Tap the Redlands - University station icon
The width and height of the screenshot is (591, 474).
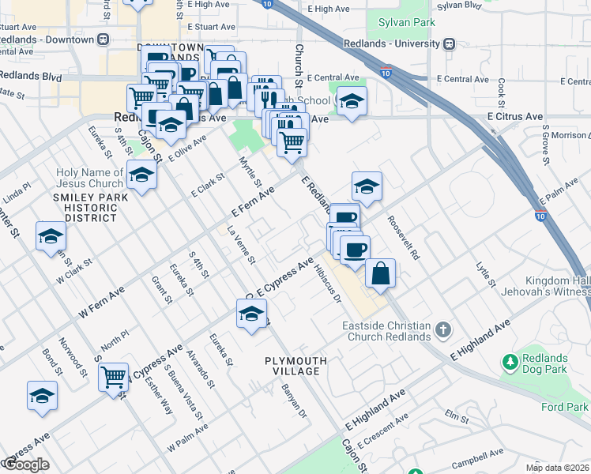coord(449,43)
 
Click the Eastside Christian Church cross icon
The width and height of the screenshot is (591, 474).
coord(442,329)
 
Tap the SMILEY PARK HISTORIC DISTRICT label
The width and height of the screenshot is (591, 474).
coord(85,207)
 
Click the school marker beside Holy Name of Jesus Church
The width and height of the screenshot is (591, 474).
coord(141,175)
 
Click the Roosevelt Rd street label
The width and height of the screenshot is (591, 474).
coord(404,236)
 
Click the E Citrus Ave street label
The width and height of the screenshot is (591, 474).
coord(515,116)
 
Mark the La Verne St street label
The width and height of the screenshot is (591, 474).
coord(241,246)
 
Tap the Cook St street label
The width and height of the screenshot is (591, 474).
coord(501,92)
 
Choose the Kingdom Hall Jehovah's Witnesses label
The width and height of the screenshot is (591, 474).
coord(558,287)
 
